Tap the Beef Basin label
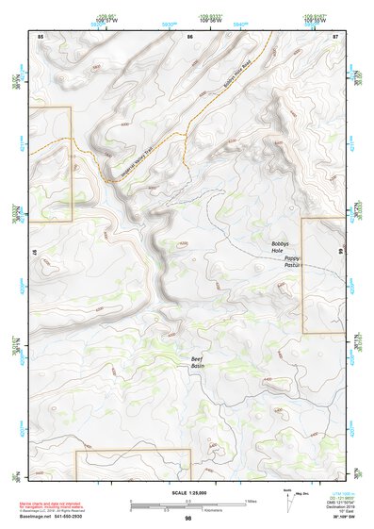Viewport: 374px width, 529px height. click(x=197, y=362)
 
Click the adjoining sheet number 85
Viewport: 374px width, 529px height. click(x=41, y=35)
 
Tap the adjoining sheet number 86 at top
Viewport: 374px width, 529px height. click(x=189, y=35)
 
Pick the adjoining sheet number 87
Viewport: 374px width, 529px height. click(x=336, y=35)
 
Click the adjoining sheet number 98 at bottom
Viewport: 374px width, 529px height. click(x=188, y=519)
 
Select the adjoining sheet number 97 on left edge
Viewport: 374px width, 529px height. click(x=33, y=255)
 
